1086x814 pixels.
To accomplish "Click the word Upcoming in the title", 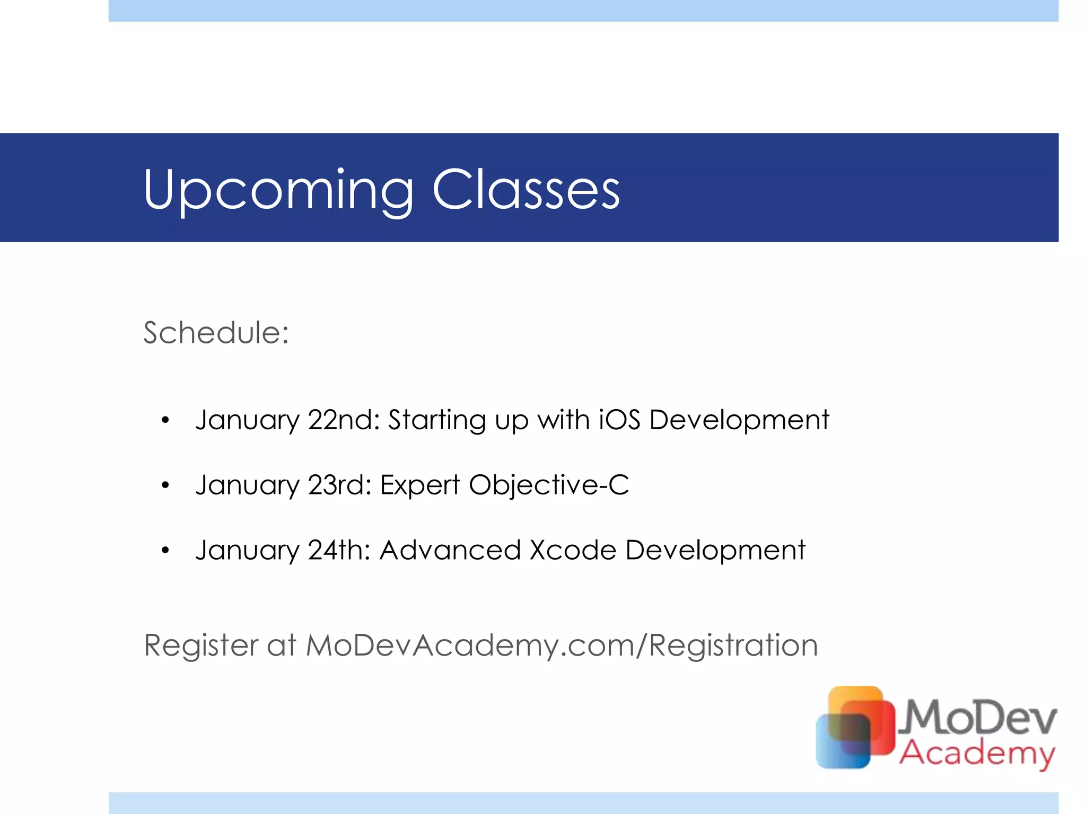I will click(278, 191).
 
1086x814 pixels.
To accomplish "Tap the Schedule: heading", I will click(216, 333).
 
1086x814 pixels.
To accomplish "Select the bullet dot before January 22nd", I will click(165, 420).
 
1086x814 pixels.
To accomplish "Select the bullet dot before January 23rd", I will click(165, 485).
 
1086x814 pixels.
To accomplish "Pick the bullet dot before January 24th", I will click(165, 550).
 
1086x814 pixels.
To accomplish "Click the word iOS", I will click(619, 420).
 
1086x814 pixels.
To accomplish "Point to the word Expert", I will click(420, 485).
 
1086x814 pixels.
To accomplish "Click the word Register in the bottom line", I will click(201, 646).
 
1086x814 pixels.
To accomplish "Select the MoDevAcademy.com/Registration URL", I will click(562, 645).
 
